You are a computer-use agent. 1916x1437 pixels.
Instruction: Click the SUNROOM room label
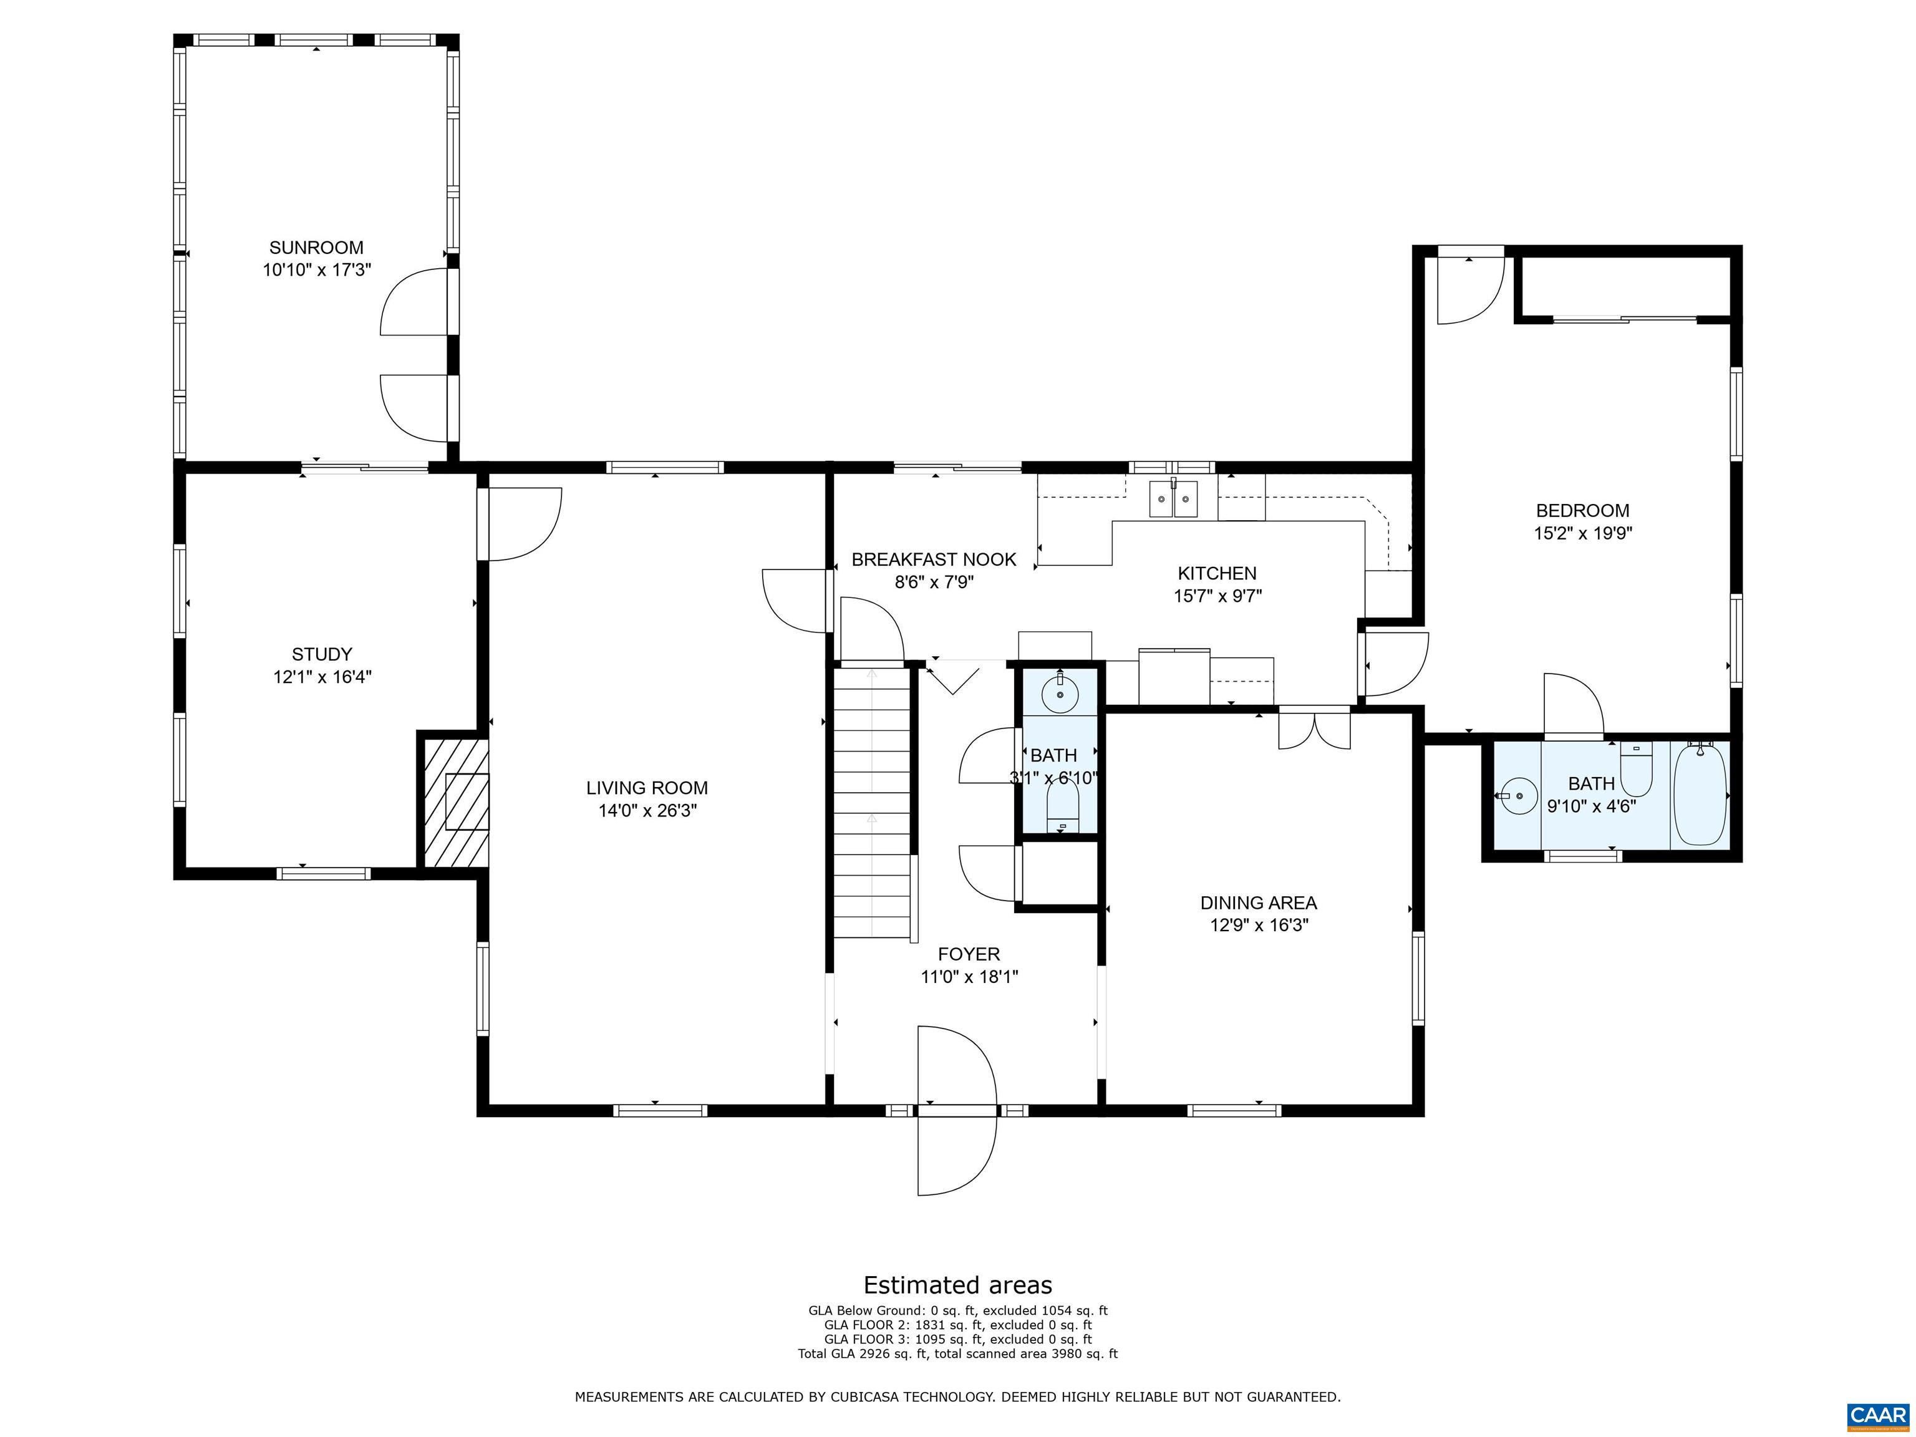(316, 248)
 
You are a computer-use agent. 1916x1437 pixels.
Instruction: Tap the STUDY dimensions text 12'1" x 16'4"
(322, 677)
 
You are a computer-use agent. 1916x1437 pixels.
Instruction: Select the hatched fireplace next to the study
(455, 802)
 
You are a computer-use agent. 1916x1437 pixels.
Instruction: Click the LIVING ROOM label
(647, 788)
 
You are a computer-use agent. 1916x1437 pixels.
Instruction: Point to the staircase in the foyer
(873, 801)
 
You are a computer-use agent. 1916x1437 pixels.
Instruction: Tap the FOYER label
(969, 954)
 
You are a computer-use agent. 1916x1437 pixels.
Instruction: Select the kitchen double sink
(1174, 499)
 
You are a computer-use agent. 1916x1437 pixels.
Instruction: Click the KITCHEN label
(1217, 573)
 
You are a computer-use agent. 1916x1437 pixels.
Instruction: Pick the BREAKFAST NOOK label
(934, 559)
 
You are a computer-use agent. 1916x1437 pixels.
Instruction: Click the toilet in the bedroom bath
(1636, 769)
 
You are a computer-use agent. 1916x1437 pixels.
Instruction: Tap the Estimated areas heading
(958, 1285)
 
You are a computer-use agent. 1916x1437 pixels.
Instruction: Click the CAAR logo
(1879, 1415)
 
